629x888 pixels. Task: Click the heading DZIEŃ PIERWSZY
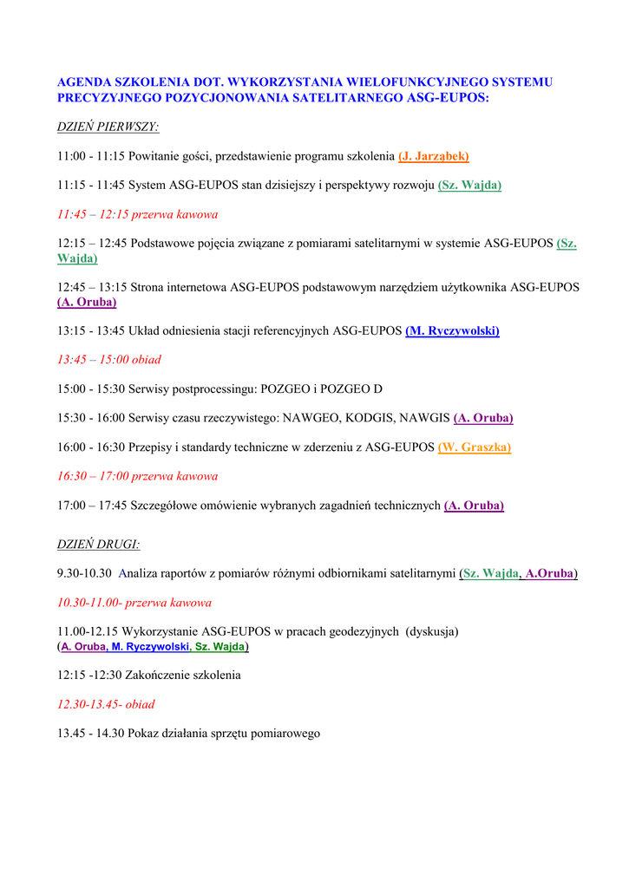[108, 127]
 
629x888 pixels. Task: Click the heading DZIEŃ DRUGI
[98, 545]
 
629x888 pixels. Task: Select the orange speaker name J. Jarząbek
[434, 156]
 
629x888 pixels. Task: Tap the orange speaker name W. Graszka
[475, 447]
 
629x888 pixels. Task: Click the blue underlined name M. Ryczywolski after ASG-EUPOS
[452, 331]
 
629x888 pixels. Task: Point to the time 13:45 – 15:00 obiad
[109, 360]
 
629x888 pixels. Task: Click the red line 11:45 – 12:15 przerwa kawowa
[137, 214]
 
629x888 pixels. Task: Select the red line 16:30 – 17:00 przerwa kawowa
[137, 476]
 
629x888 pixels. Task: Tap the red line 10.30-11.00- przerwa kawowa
[134, 603]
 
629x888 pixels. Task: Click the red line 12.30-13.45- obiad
[106, 705]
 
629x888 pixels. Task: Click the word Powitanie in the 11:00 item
[156, 156]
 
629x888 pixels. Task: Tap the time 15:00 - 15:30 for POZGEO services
[91, 389]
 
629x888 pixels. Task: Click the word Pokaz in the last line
[143, 734]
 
